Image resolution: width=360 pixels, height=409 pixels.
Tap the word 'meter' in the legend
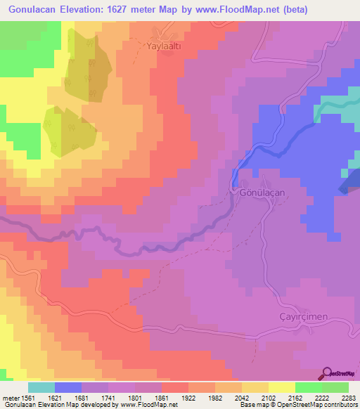11,397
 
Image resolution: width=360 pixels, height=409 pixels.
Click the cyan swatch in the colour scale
41,387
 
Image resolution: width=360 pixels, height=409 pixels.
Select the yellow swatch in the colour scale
281,387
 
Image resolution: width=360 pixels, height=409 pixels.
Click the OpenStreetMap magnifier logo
328,372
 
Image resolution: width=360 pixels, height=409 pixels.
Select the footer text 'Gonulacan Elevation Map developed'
49,405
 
